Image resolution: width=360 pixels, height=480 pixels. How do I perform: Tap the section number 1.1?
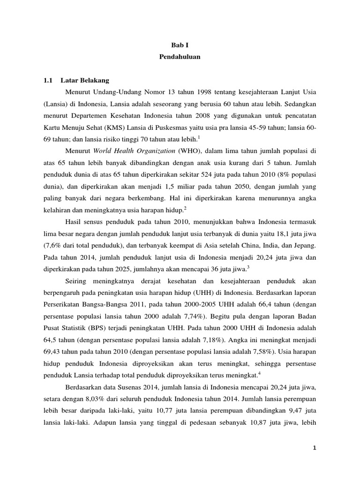(48, 80)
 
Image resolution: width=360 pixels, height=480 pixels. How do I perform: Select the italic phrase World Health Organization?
(134, 152)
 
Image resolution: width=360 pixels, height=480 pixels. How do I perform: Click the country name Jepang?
(307, 245)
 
